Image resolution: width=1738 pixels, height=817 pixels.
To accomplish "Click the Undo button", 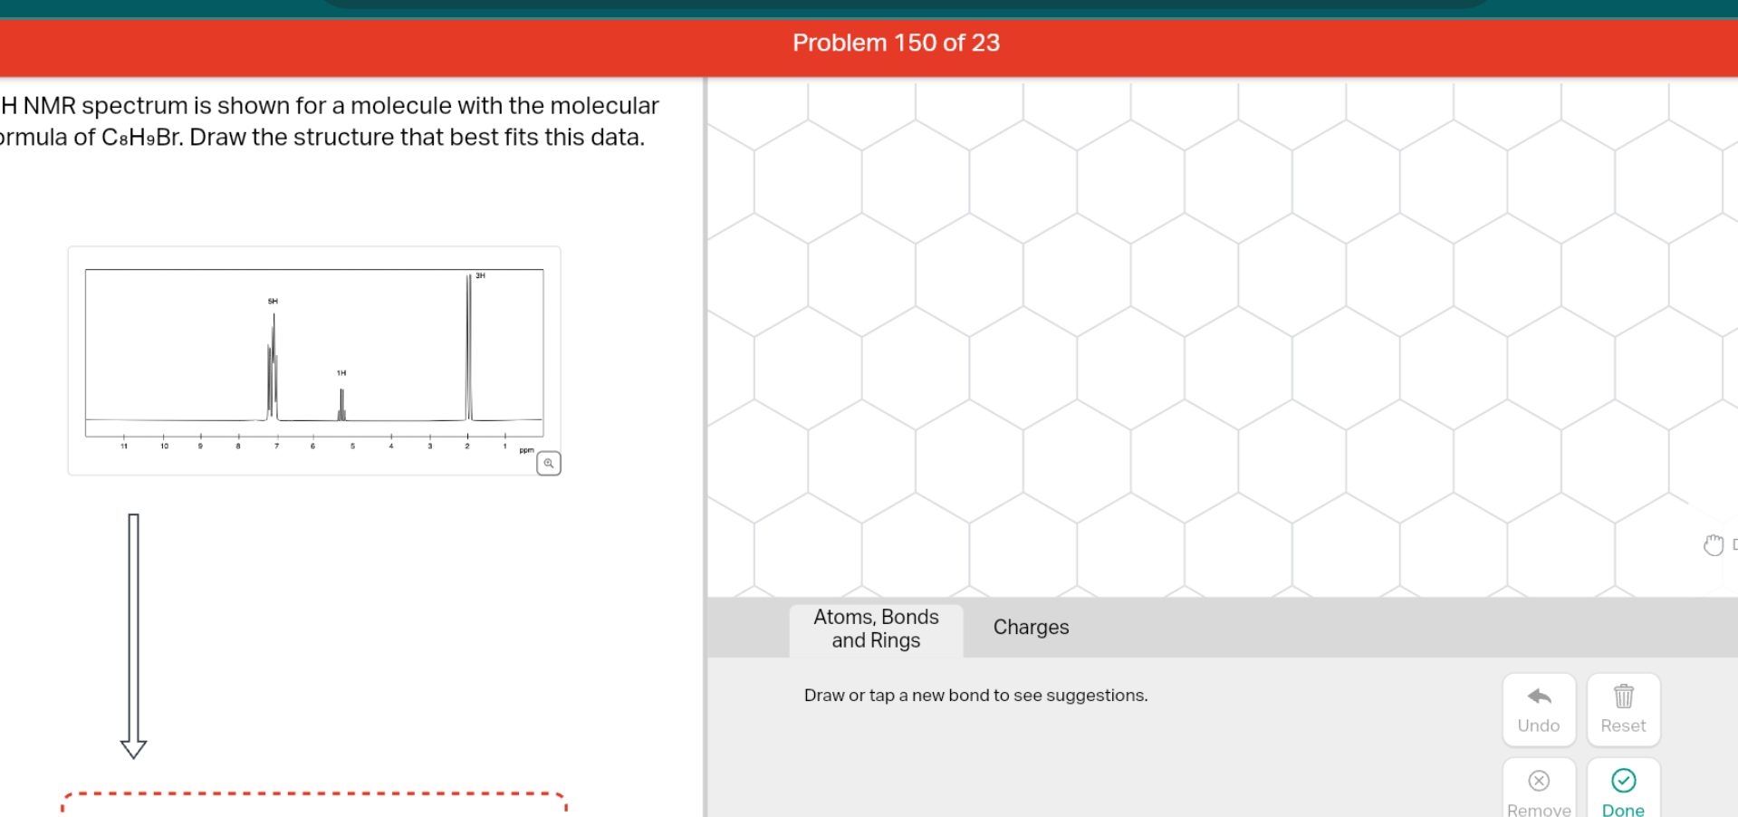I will (x=1538, y=709).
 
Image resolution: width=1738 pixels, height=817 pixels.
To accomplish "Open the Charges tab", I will (x=1030, y=627).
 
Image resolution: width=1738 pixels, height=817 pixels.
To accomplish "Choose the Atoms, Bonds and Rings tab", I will (x=875, y=629).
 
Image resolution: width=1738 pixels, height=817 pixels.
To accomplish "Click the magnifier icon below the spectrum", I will (x=548, y=464).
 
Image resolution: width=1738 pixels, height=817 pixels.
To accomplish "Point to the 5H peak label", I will (x=273, y=301).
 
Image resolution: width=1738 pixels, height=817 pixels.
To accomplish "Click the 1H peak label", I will (x=341, y=372).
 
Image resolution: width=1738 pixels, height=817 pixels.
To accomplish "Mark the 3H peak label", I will (x=481, y=275).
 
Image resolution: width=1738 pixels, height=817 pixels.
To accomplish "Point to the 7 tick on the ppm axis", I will (x=276, y=446).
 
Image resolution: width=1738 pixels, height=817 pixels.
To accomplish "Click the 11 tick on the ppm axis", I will (x=124, y=446).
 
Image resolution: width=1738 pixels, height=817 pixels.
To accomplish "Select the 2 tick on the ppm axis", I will (x=467, y=446).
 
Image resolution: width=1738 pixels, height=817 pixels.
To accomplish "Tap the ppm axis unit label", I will (x=526, y=450).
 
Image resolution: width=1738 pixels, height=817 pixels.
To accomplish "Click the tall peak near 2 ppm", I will (x=469, y=344).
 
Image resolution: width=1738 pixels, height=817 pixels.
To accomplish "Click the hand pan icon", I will (x=1713, y=544).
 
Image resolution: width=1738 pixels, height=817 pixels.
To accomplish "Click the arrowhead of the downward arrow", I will (x=133, y=748).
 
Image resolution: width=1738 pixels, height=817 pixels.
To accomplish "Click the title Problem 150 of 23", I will (x=895, y=43).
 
